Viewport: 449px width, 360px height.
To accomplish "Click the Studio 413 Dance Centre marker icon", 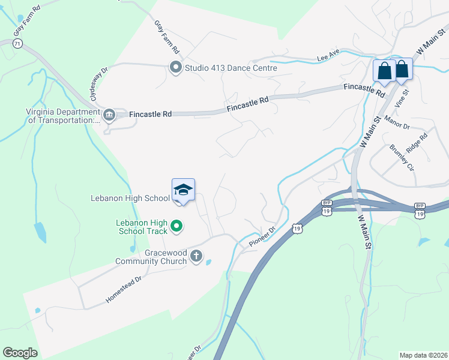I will [176, 67].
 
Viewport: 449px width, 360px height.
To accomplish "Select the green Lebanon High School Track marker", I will [176, 226].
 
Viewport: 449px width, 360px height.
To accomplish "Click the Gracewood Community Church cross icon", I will [196, 257].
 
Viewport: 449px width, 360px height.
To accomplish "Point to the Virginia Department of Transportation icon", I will [109, 115].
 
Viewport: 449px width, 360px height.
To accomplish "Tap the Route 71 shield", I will [18, 44].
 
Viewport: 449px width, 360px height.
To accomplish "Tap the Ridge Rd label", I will [416, 145].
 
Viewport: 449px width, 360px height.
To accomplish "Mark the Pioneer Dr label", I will [262, 237].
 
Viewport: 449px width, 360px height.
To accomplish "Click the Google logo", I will [20, 353].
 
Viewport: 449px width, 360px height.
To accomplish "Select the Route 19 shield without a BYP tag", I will [297, 228].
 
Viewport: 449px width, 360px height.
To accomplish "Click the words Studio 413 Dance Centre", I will [231, 68].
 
